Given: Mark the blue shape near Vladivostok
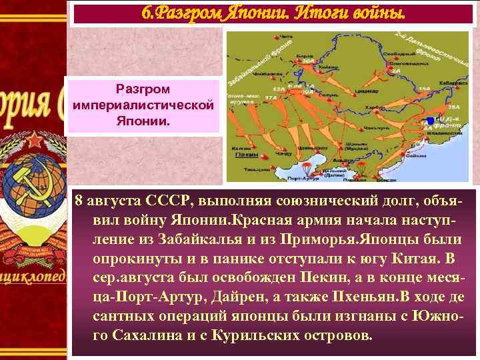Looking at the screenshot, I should [x=431, y=120].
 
